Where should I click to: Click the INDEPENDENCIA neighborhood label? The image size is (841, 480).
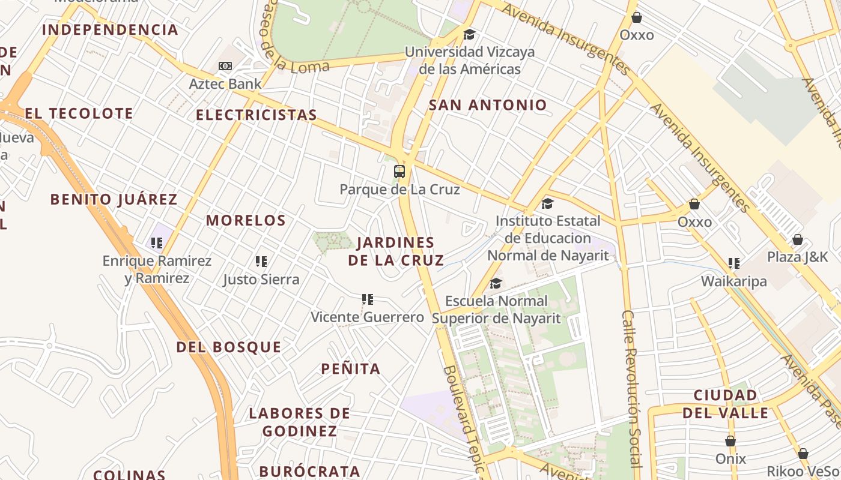pos(110,29)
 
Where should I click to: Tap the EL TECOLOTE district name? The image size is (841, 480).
pos(79,113)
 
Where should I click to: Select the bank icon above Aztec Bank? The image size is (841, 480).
pos(225,66)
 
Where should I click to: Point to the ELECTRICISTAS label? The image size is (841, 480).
pos(257,115)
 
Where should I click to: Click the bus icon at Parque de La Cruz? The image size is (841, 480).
pos(399,172)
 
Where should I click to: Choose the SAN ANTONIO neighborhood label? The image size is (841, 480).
pos(488,105)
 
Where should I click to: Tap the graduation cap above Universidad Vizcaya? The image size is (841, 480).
pos(469,34)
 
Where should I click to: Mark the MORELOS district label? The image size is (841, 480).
pos(246,220)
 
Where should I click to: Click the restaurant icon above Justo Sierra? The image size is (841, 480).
pos(261,262)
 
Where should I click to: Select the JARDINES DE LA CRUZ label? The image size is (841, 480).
pos(396,251)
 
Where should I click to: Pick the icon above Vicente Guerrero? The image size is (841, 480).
pos(368,299)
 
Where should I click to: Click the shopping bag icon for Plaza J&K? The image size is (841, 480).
pos(797,240)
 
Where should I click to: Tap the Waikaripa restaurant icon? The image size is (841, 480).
pos(733,263)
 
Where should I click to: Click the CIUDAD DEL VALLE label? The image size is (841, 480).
pos(725,404)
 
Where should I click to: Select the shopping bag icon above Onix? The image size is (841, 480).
pos(730,442)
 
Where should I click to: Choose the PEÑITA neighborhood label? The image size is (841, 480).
pos(351,369)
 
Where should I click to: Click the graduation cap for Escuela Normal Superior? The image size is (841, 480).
pos(496,283)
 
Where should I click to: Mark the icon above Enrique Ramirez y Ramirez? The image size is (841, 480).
pos(157,243)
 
